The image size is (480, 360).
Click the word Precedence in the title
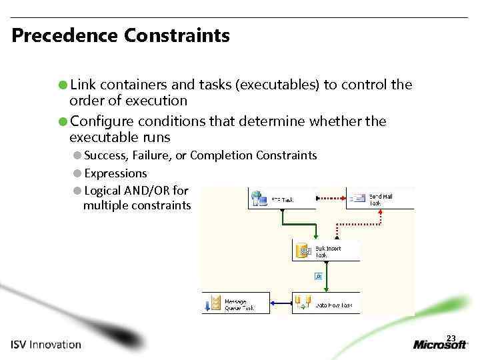point(64,35)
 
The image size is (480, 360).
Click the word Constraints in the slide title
point(177,35)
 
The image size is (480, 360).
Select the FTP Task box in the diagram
point(281,199)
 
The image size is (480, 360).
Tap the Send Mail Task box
point(380,198)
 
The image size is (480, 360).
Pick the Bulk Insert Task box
point(326,251)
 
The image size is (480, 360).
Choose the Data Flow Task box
point(326,303)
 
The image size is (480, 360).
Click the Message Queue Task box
point(237,303)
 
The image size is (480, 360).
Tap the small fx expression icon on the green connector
point(319,275)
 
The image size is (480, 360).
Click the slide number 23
point(451,337)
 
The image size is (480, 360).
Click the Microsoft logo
point(441,345)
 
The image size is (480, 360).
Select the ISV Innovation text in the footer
point(45,345)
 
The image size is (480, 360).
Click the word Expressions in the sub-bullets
point(115,173)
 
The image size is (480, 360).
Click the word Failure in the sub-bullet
point(151,156)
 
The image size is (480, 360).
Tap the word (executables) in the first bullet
point(280,85)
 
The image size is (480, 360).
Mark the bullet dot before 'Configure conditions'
point(62,121)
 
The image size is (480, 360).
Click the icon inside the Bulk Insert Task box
point(305,251)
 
